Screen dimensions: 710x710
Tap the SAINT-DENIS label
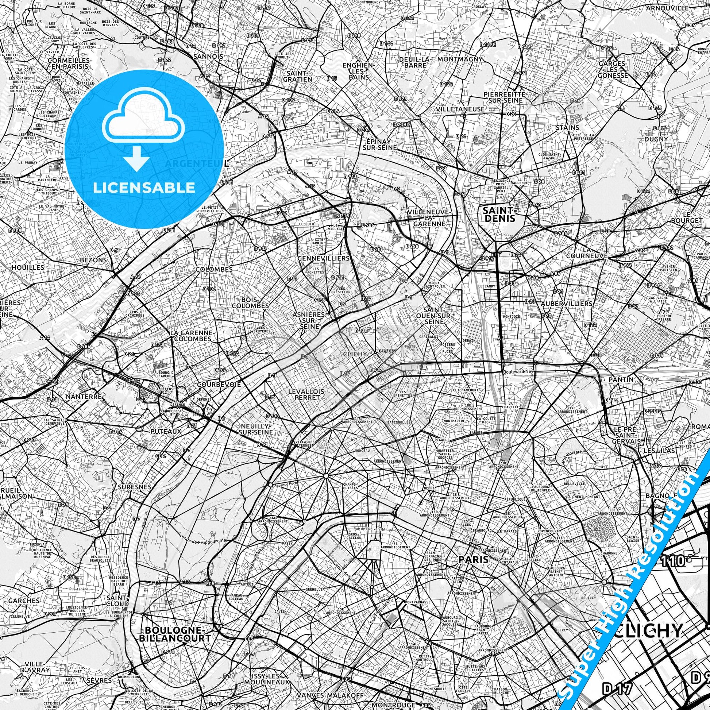(x=499, y=214)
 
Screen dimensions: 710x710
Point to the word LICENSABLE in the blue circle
(x=144, y=188)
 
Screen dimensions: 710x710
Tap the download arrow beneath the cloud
(x=137, y=158)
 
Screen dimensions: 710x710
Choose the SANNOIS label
(x=208, y=57)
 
